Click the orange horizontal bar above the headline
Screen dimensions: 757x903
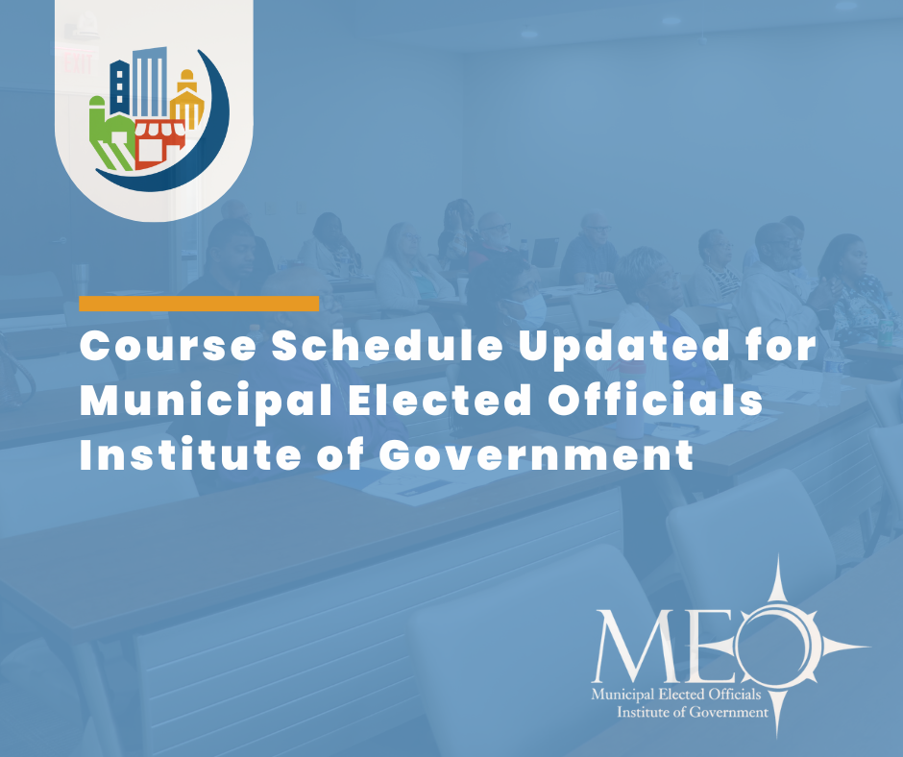coord(199,304)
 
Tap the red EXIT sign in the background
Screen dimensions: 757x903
coord(76,64)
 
